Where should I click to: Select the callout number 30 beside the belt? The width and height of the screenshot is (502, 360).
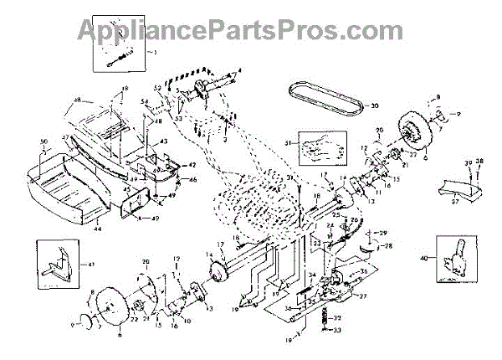[x=375, y=105]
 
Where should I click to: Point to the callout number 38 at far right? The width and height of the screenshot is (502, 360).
[x=479, y=161]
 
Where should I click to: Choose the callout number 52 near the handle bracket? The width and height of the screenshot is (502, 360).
[x=156, y=88]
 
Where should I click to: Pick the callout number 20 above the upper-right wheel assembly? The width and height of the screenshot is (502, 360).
[x=378, y=131]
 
